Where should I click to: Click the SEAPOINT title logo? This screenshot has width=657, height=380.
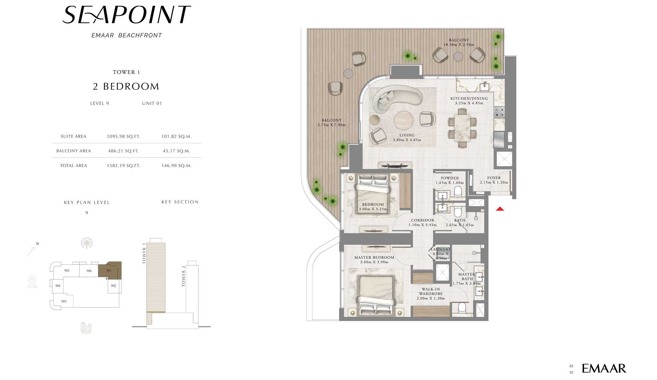tap(126, 15)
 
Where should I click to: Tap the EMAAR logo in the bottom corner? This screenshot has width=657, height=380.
tap(604, 368)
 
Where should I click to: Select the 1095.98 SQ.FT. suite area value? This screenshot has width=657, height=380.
tap(123, 137)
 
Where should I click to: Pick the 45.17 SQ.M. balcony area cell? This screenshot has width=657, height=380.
tap(176, 151)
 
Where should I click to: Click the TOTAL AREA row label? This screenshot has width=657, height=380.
tap(73, 166)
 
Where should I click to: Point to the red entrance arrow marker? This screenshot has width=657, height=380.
tap(500, 209)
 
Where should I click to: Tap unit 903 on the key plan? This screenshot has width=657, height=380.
tap(64, 301)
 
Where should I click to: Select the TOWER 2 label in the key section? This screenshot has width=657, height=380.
tap(184, 276)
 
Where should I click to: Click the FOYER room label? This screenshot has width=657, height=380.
tap(494, 178)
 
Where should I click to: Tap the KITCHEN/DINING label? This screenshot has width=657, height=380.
tap(469, 99)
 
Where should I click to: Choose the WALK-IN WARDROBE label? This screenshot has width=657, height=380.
tap(431, 291)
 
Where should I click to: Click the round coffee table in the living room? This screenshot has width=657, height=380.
tap(404, 120)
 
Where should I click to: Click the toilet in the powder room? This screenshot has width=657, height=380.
tap(458, 192)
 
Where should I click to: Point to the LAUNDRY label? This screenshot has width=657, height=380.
tap(441, 250)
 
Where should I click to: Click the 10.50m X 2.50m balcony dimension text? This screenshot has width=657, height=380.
tap(459, 45)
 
